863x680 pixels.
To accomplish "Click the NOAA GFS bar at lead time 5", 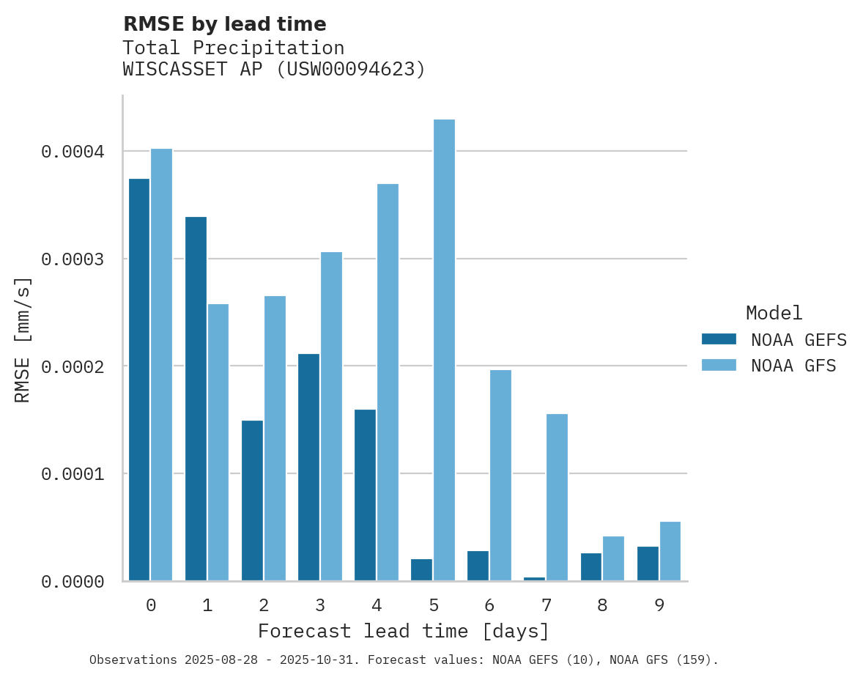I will click(x=444, y=350).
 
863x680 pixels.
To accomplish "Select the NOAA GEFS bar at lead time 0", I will click(x=139, y=380).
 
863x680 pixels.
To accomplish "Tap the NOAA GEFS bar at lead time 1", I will click(x=196, y=399).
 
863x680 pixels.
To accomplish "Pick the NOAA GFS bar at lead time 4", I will click(x=388, y=382).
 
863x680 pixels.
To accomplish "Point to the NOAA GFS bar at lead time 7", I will click(x=557, y=498).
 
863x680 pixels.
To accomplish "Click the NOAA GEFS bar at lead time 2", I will click(x=252, y=500).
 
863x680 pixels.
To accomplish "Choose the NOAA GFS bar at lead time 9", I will click(x=670, y=551).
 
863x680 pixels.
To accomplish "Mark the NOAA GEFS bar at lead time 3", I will click(x=308, y=467).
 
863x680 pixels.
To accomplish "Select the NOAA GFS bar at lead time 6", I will click(x=500, y=476).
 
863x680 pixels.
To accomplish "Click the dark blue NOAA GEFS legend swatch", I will click(x=719, y=339).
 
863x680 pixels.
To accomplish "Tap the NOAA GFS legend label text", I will click(x=793, y=365).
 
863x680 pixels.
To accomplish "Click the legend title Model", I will click(x=774, y=313).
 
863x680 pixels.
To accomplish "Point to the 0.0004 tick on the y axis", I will click(x=73, y=152).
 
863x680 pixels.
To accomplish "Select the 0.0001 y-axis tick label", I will click(x=73, y=474).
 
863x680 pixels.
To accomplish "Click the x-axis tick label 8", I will click(x=602, y=605).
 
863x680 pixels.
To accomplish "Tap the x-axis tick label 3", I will click(x=320, y=605).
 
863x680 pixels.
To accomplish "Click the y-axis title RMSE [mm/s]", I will click(x=23, y=339).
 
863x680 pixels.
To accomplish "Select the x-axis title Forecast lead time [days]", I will click(x=404, y=631).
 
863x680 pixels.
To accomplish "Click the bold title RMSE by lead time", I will click(x=224, y=24).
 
